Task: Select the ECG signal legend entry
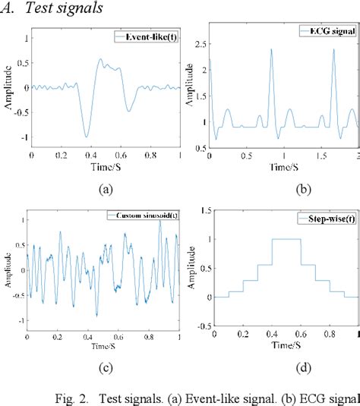coord(328,30)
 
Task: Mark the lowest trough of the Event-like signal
coord(87,136)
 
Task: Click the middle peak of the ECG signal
coord(271,50)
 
